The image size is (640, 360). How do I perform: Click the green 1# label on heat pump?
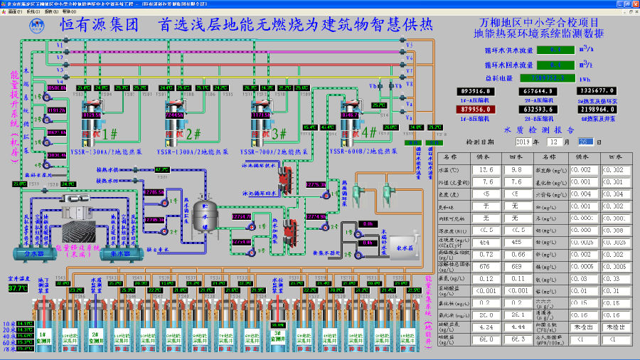coord(110,134)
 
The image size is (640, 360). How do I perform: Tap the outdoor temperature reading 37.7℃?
coord(17,288)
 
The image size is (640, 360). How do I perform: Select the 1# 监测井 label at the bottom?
coord(42,334)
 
